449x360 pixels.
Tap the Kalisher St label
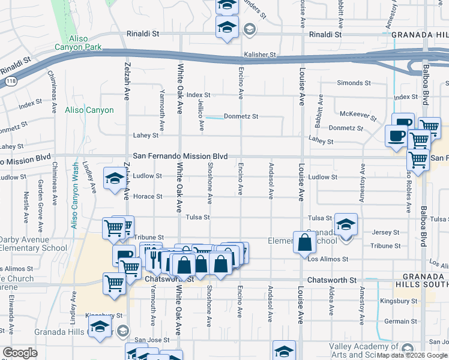pyautogui.click(x=259, y=55)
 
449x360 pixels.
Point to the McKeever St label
pyautogui.click(x=358, y=115)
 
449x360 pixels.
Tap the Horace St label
pyautogui.click(x=148, y=196)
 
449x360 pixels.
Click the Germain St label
pyautogui.click(x=397, y=322)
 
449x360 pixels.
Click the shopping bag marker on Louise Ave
pyautogui.click(x=305, y=242)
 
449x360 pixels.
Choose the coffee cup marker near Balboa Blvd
pyautogui.click(x=396, y=135)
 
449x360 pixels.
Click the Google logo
pyautogui.click(x=20, y=353)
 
